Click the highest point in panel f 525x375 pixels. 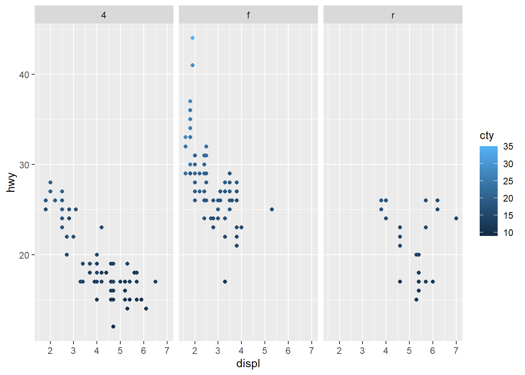pos(193,38)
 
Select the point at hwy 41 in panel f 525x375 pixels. pos(193,65)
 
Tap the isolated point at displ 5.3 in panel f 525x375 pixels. pos(272,209)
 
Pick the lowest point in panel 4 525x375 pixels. pos(113,327)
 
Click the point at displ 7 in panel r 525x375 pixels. pos(456,218)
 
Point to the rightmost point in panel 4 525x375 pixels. pos(155,282)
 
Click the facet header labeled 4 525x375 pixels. pos(104,15)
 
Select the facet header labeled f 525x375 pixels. pos(248,15)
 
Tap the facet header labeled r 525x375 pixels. pos(393,15)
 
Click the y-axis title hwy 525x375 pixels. pos(11,182)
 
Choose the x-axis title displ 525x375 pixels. pos(248,364)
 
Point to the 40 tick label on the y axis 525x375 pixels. pos(24,75)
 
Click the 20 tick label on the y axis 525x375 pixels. pos(24,255)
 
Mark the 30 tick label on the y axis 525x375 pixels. pos(24,165)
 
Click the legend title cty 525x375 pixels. pos(487,136)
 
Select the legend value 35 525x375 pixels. pos(508,146)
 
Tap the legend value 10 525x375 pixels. pos(508,233)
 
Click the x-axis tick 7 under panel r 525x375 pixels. pos(456,351)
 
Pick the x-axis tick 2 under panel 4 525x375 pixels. pos(50,351)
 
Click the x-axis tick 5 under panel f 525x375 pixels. pos(265,351)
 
